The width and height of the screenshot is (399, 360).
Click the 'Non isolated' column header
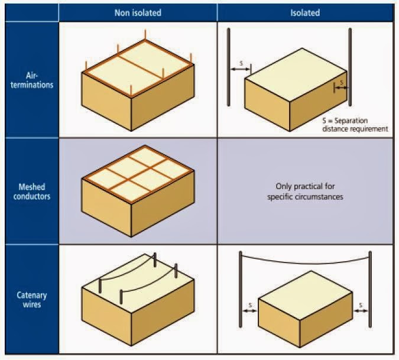[x=138, y=12]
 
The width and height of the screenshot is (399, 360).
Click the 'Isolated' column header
[x=305, y=12]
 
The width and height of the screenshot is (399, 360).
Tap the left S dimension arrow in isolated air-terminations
[x=239, y=69]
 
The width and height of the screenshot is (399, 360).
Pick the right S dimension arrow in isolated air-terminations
[x=342, y=87]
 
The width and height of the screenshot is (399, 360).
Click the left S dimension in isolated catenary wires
[x=250, y=306]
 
